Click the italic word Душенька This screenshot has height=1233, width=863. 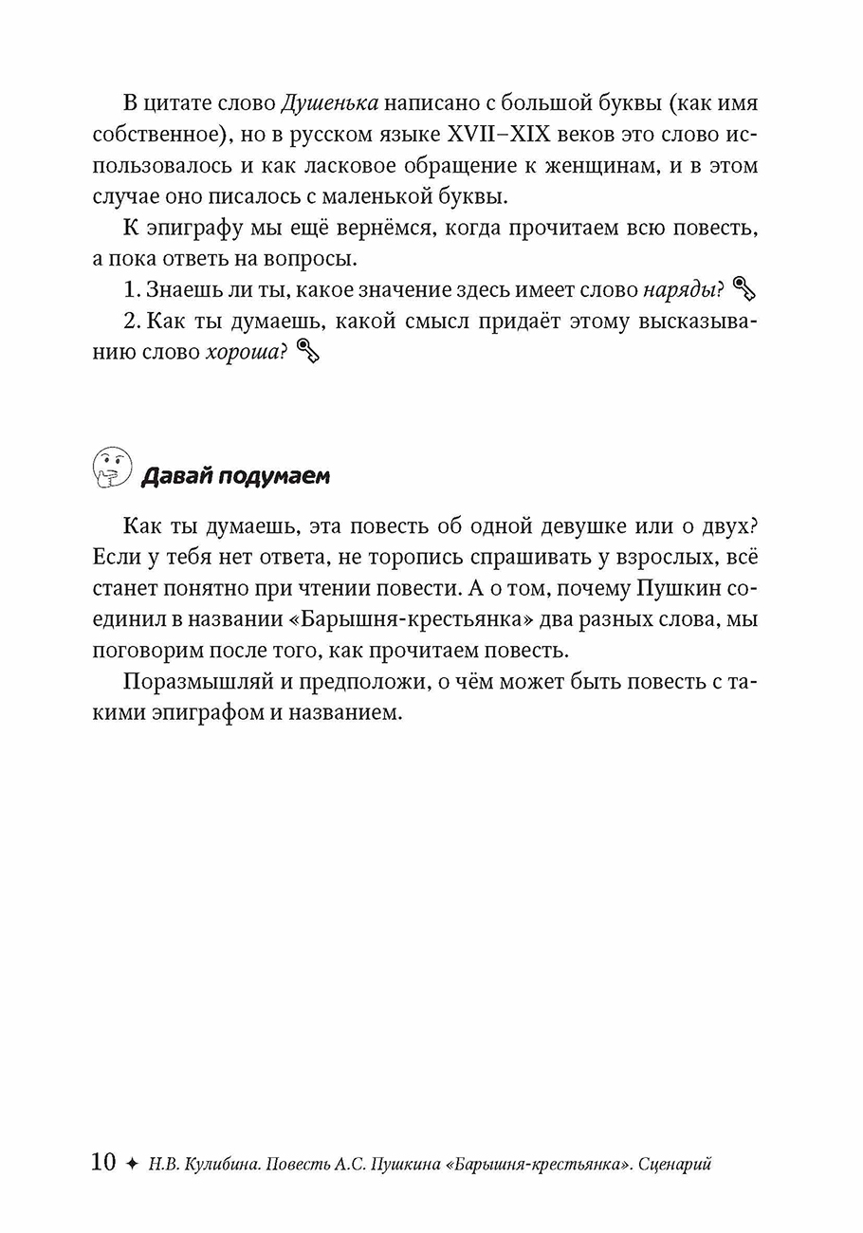coord(330,102)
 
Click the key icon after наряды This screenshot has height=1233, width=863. coord(744,288)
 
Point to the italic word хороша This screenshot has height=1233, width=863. coord(242,352)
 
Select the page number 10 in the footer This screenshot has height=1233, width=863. coord(103,1162)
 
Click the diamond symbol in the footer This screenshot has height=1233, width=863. coord(132,1163)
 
